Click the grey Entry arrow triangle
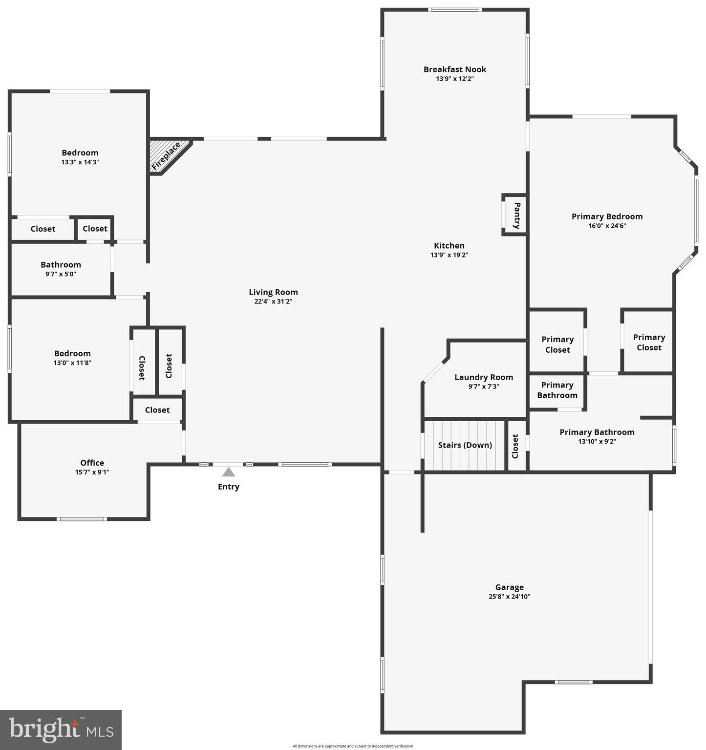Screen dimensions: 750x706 228,472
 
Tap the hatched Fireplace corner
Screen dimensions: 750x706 167,155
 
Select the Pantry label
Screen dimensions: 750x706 516,215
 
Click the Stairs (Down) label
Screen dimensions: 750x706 465,445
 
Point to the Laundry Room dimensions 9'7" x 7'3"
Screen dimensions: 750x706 484,386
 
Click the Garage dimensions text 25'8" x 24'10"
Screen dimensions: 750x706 509,597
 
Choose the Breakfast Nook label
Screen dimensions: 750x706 454,69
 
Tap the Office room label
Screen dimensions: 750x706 92,463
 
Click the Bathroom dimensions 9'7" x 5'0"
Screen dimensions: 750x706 61,274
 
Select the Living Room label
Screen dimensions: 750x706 273,292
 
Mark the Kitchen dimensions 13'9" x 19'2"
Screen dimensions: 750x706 449,255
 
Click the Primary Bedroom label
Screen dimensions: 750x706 607,216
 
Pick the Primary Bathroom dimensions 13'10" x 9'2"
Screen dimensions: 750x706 597,442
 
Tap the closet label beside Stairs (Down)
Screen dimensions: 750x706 515,446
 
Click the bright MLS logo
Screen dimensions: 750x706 61,729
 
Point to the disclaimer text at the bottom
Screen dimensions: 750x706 353,746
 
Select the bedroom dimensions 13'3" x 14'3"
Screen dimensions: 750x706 80,162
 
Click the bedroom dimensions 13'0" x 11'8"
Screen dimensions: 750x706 72,363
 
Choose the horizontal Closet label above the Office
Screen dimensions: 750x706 157,410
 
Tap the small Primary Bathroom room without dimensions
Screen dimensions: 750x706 557,390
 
